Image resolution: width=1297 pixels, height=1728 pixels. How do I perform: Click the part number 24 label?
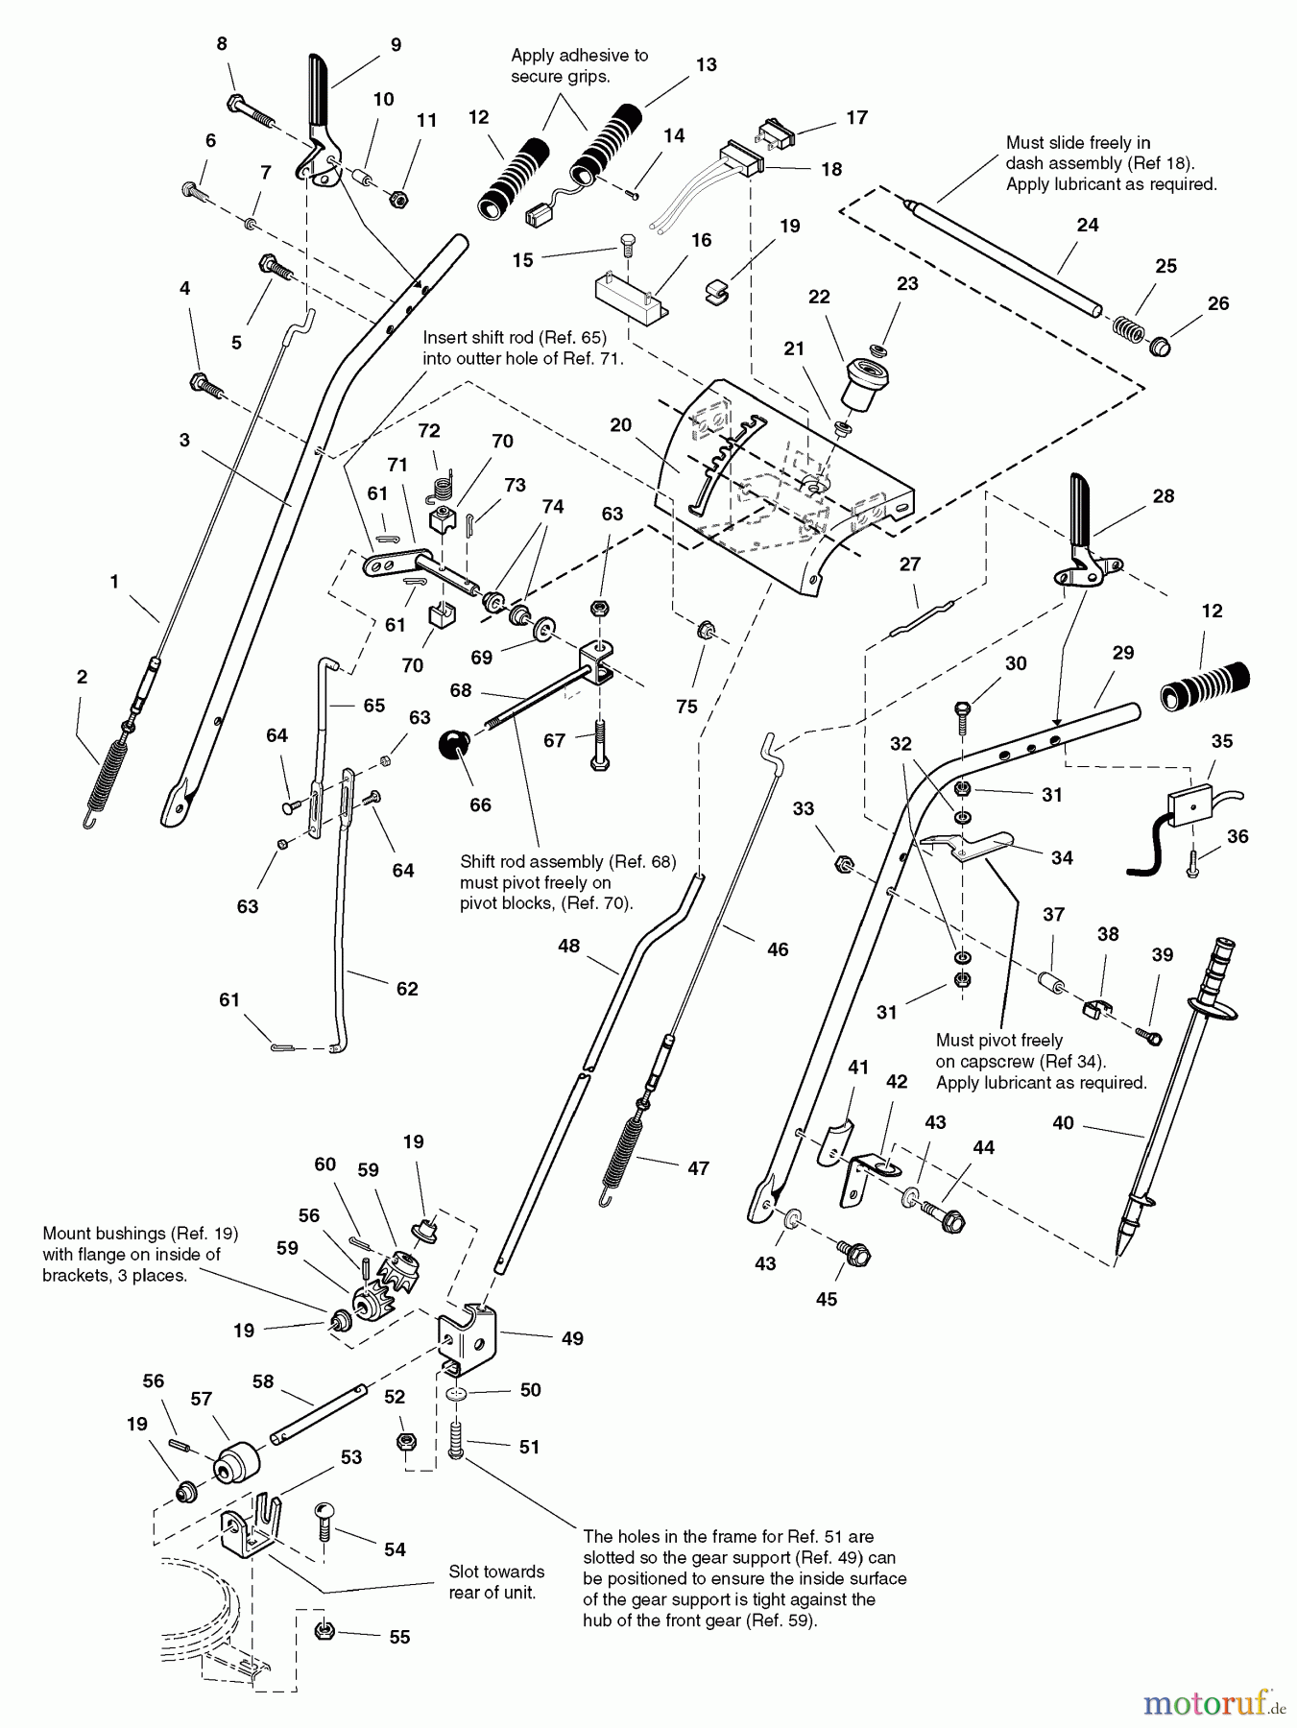pyautogui.click(x=1087, y=225)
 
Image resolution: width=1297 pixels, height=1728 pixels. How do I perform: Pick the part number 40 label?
pyautogui.click(x=1063, y=1122)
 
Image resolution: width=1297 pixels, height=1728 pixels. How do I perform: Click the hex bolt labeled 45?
pyautogui.click(x=852, y=1252)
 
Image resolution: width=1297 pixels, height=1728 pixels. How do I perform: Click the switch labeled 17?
pyautogui.click(x=777, y=133)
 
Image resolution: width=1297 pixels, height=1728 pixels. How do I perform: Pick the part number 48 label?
pyautogui.click(x=568, y=946)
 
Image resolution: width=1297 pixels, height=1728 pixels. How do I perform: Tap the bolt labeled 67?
pyautogui.click(x=600, y=744)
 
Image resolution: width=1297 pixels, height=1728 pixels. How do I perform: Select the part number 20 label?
pyautogui.click(x=620, y=424)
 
